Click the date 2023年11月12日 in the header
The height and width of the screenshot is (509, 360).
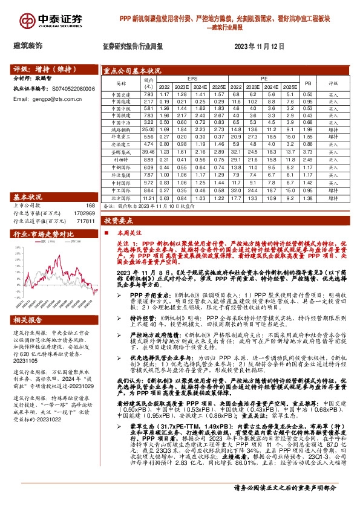pos(260,45)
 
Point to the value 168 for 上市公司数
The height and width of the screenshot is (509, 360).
pos(90,206)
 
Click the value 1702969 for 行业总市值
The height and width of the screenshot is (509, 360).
pos(83,213)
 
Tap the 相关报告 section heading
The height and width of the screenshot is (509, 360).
pos(28,320)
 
